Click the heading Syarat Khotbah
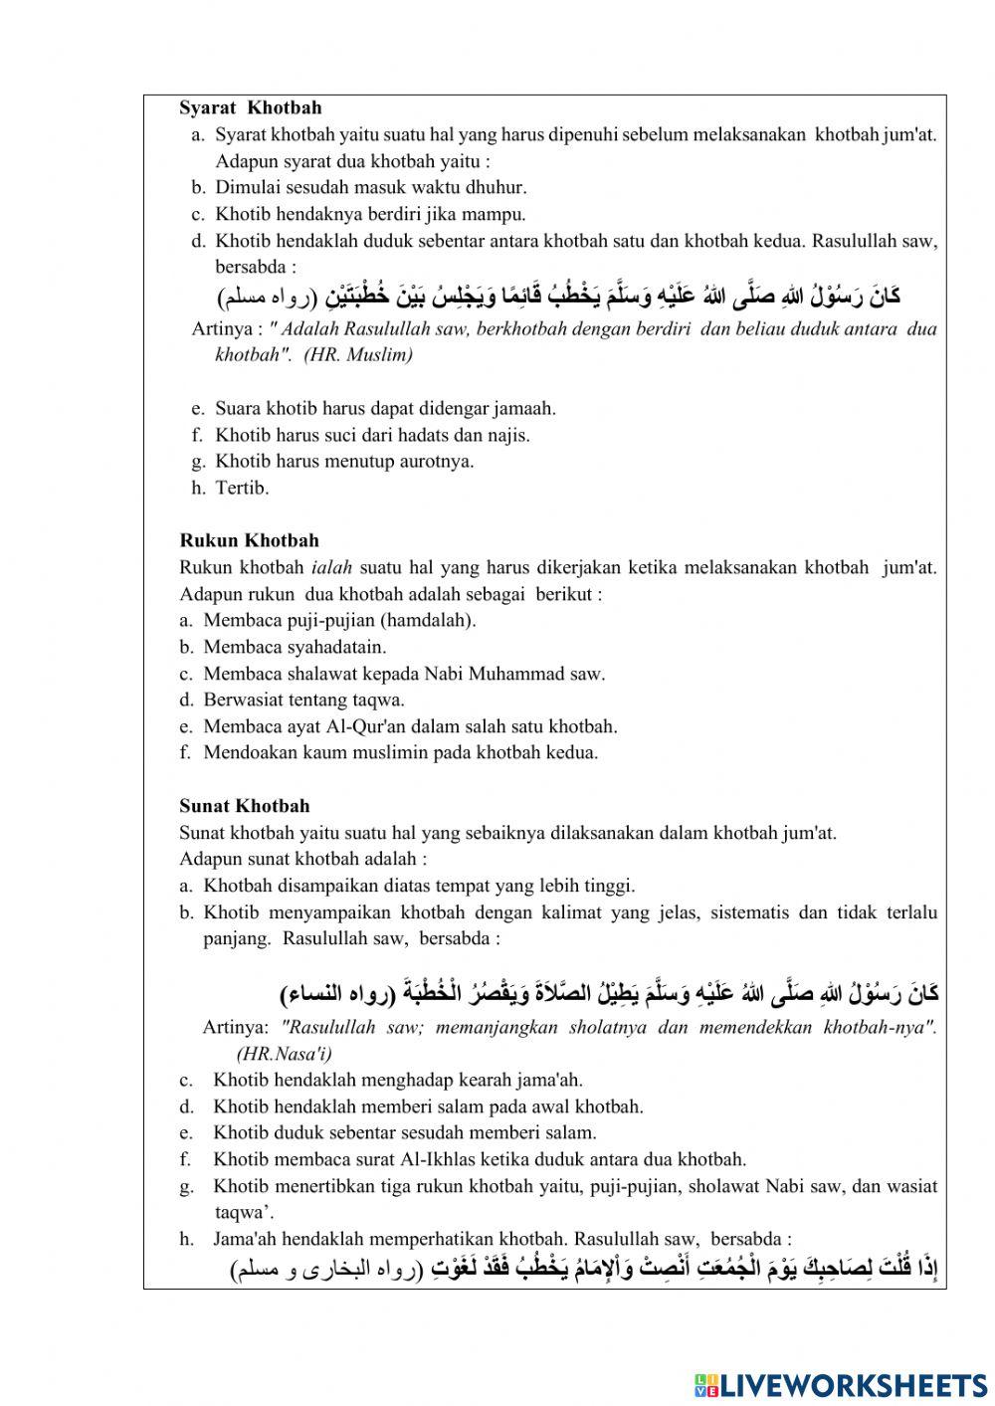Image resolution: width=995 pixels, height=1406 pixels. (x=250, y=107)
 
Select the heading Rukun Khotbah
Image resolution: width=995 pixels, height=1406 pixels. (x=249, y=540)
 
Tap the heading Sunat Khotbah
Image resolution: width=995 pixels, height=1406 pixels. (x=244, y=806)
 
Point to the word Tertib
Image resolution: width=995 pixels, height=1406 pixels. (x=242, y=488)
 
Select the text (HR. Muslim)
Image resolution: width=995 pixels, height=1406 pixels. (x=359, y=354)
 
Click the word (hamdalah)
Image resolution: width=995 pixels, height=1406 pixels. (x=428, y=620)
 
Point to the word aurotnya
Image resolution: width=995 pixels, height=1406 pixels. (x=431, y=461)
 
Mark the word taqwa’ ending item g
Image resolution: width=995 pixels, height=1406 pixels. (x=244, y=1212)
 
